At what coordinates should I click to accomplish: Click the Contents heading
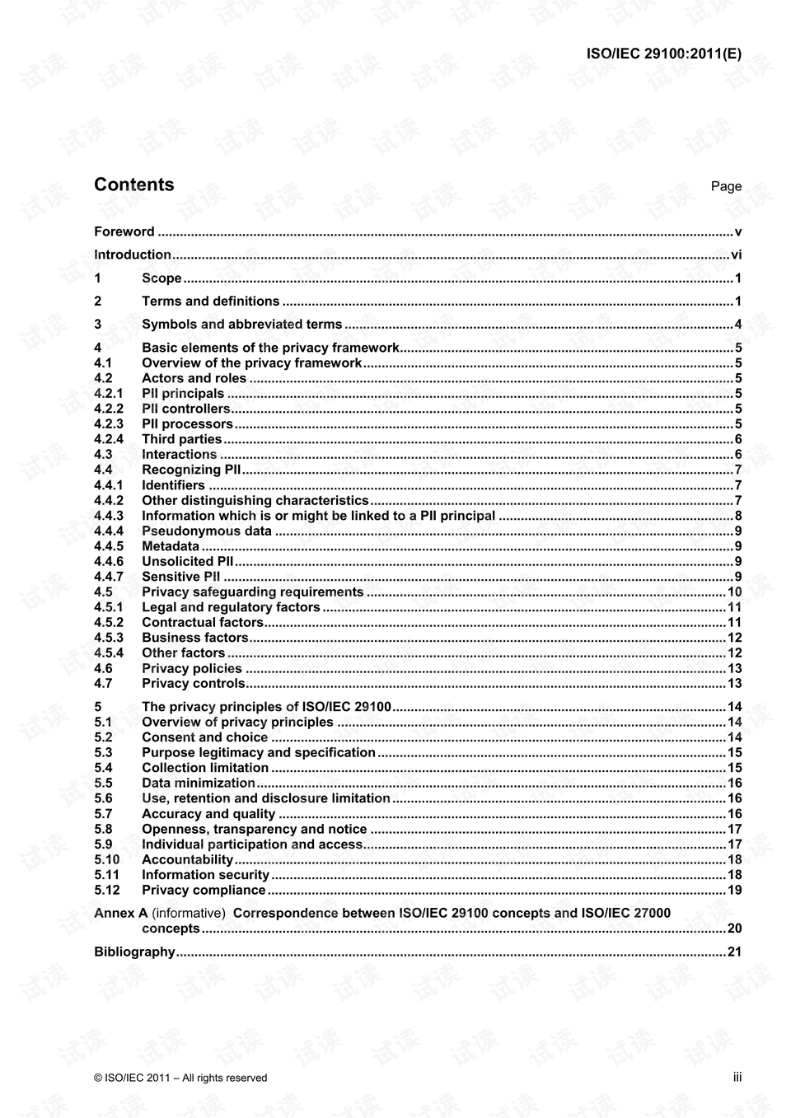(133, 185)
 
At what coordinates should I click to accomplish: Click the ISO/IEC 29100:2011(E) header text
(663, 54)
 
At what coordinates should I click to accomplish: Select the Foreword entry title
(124, 232)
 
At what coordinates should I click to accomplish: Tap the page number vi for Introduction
(736, 255)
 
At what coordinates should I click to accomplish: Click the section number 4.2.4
(108, 439)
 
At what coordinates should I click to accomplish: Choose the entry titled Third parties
(181, 439)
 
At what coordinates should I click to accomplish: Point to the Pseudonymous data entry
(206, 531)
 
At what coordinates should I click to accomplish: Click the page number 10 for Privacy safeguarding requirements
(734, 592)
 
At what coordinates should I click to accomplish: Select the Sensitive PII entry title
(180, 577)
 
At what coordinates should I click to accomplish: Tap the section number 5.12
(106, 890)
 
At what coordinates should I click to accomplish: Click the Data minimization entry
(198, 784)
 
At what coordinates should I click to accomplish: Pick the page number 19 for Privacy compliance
(734, 890)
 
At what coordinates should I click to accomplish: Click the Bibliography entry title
(134, 952)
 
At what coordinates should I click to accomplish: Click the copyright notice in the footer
(180, 1078)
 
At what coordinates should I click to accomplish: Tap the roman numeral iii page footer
(737, 1077)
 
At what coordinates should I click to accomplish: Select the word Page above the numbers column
(726, 186)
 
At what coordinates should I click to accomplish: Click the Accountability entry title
(187, 859)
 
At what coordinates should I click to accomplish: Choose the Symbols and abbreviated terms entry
(241, 325)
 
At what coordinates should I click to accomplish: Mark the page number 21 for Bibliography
(734, 952)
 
